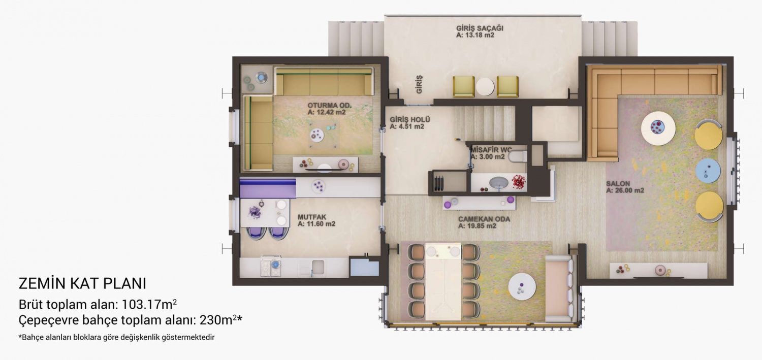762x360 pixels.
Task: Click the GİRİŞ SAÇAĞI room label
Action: tap(480, 28)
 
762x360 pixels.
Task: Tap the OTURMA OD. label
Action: tap(330, 106)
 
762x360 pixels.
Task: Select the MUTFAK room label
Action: tap(312, 217)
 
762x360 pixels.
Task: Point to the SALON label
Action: tap(618, 184)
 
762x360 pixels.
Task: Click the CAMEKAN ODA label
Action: tap(484, 219)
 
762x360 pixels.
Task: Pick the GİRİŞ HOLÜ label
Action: tap(410, 120)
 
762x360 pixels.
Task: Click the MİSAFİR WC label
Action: tap(491, 150)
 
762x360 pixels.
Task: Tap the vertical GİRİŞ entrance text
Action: tap(419, 85)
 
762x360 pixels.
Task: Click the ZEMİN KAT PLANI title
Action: tap(82, 284)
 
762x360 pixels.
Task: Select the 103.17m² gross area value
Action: tap(149, 304)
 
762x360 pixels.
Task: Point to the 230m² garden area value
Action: tap(218, 320)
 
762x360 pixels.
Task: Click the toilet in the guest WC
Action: tap(518, 157)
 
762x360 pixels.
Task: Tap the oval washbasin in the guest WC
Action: tap(499, 183)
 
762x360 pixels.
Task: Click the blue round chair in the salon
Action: tap(708, 171)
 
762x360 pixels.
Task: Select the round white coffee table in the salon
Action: tap(658, 128)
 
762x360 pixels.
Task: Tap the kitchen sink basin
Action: tap(319, 267)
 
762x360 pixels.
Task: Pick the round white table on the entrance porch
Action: tap(485, 87)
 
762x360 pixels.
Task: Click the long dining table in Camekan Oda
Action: tap(443, 282)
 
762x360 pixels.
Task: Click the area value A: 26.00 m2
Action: tap(625, 190)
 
